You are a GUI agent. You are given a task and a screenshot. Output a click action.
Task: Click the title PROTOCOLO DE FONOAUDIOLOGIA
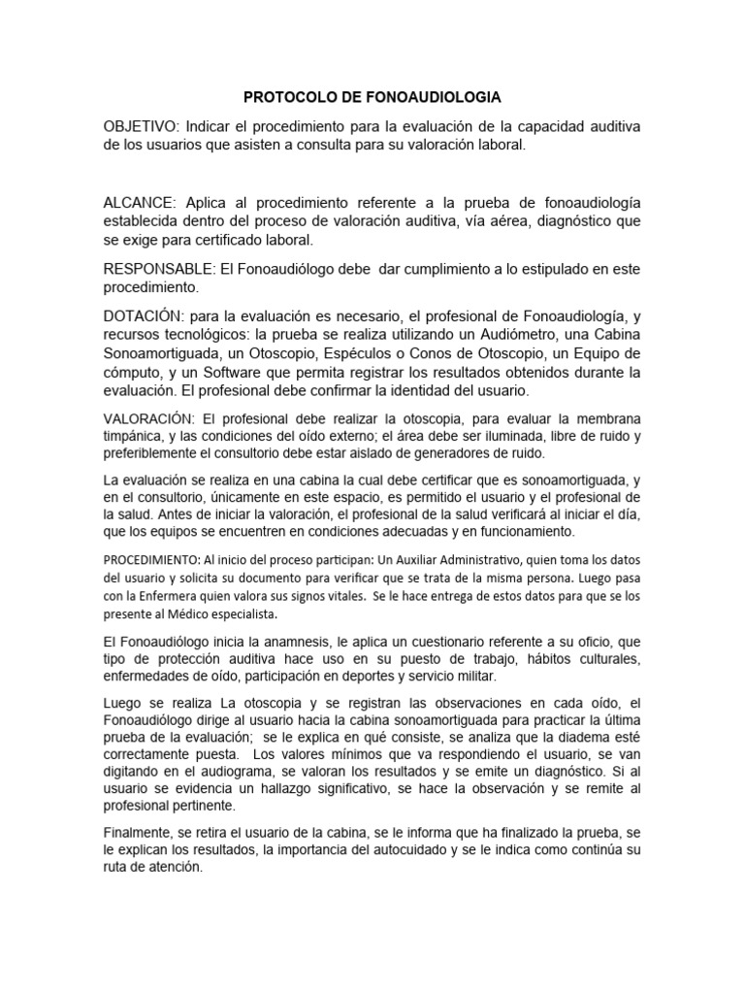tap(372, 98)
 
